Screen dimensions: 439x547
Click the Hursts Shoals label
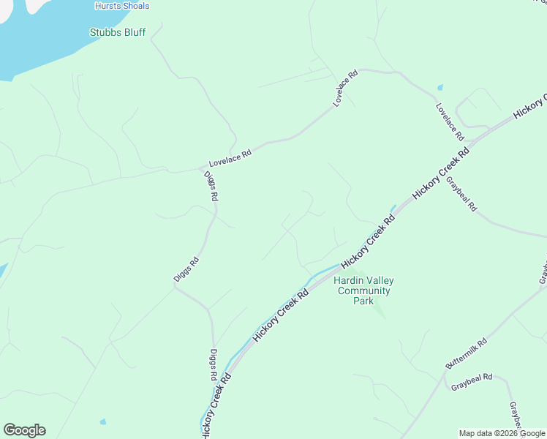point(122,6)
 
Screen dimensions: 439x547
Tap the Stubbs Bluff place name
point(117,32)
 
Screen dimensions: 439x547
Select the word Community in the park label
point(363,290)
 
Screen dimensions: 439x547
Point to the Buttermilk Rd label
point(466,354)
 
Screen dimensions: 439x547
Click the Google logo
point(24,430)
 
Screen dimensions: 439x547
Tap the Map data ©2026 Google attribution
point(502,433)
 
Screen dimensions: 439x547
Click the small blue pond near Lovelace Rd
point(440,87)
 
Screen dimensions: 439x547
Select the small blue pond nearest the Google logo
point(102,422)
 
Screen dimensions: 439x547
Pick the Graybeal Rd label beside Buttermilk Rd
point(472,382)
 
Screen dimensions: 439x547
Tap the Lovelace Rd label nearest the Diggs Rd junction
point(230,158)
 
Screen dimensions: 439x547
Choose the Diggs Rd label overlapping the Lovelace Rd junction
point(211,187)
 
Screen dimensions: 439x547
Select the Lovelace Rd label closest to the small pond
point(450,121)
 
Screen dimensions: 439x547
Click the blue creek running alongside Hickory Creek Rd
point(322,274)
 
